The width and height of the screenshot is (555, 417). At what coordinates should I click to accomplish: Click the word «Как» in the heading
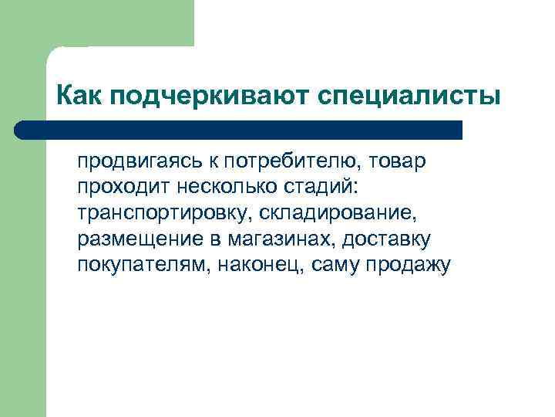coord(79,97)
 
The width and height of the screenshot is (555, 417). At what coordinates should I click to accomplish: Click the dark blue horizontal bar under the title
coord(247,130)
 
